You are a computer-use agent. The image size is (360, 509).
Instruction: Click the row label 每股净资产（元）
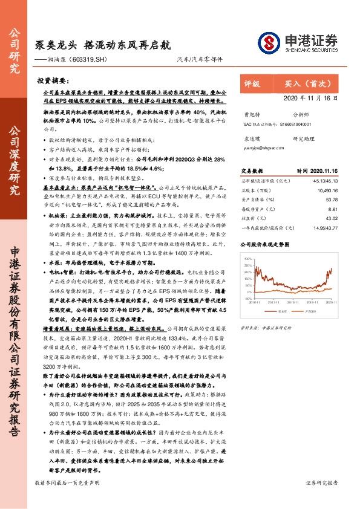pyautogui.click(x=258, y=209)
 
